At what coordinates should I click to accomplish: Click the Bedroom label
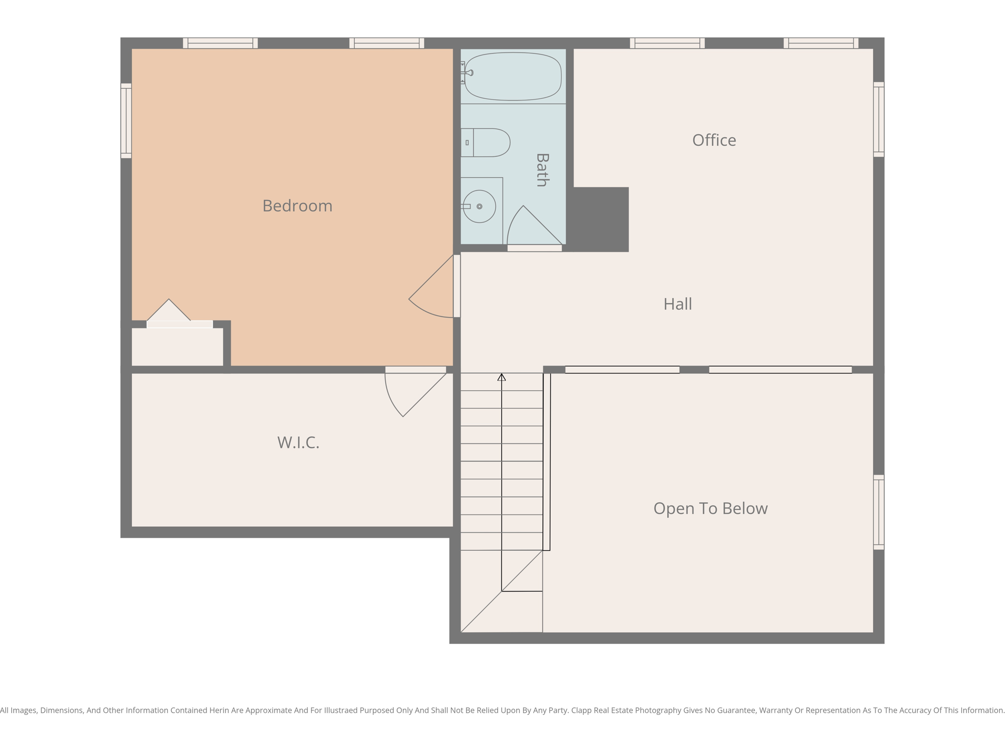(297, 206)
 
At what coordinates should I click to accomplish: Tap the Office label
(714, 140)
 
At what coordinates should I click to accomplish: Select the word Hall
(678, 304)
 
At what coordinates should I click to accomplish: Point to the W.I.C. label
(298, 443)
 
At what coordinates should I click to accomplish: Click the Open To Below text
(710, 509)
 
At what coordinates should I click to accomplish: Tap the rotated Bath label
(542, 170)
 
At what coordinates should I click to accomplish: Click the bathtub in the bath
(513, 77)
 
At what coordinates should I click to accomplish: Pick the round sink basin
(479, 207)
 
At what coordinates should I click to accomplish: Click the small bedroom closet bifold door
(169, 312)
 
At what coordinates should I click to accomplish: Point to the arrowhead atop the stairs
(502, 377)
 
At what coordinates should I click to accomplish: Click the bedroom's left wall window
(126, 121)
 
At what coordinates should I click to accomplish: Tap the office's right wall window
(878, 119)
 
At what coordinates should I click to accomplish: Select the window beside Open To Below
(878, 512)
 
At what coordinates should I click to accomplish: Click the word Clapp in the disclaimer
(583, 710)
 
